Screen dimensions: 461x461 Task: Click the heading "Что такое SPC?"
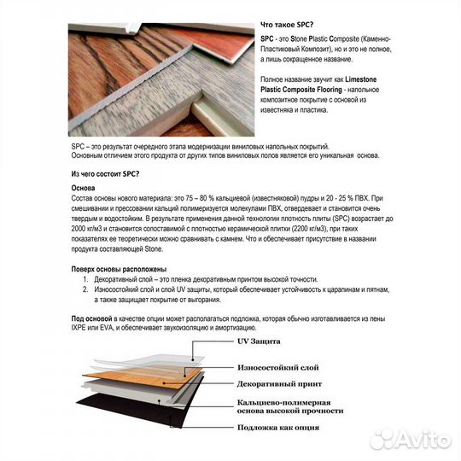pyautogui.click(x=287, y=25)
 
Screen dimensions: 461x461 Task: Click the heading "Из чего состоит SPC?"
pyautogui.click(x=105, y=174)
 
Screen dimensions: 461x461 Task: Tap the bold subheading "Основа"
pyautogui.click(x=83, y=188)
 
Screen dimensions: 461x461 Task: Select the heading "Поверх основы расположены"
pyautogui.click(x=119, y=269)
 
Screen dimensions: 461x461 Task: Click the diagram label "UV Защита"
pyautogui.click(x=259, y=341)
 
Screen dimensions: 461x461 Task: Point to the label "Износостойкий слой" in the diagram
pyautogui.click(x=277, y=367)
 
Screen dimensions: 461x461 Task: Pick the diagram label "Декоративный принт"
pyautogui.click(x=279, y=384)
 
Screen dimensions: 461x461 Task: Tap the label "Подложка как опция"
pyautogui.click(x=278, y=427)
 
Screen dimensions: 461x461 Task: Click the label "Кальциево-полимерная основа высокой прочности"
pyautogui.click(x=290, y=406)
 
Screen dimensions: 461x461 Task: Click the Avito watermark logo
pyautogui.click(x=411, y=440)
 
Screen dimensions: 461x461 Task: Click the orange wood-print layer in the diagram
pyautogui.click(x=141, y=378)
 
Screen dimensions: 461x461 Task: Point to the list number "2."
pyautogui.click(x=85, y=289)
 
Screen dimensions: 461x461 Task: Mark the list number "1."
pyautogui.click(x=85, y=279)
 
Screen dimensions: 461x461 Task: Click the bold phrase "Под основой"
pyautogui.click(x=91, y=318)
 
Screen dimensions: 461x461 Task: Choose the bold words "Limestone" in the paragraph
pyautogui.click(x=361, y=79)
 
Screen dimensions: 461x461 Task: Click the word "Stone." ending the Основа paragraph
pyautogui.click(x=154, y=249)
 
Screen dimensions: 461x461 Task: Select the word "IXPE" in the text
pyautogui.click(x=79, y=328)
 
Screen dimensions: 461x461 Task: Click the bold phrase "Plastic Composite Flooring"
pyautogui.click(x=301, y=90)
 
